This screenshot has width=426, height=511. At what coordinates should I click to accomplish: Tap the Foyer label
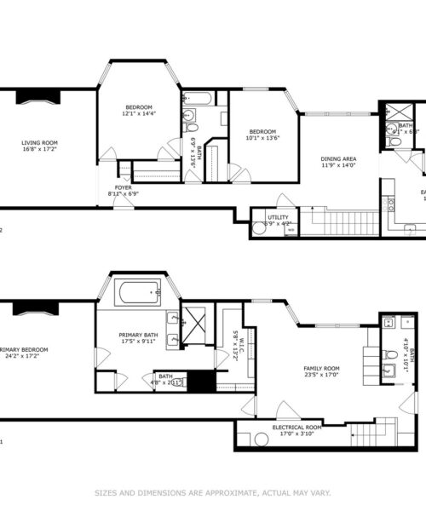[x=124, y=188]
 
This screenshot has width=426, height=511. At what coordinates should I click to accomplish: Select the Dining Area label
[x=338, y=158]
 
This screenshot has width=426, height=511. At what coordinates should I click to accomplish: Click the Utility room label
[x=278, y=218]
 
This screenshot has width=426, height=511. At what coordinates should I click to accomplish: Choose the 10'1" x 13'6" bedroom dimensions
[x=263, y=137]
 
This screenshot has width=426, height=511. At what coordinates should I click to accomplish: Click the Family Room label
[x=321, y=368]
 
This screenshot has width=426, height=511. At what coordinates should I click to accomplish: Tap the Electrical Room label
[x=296, y=427]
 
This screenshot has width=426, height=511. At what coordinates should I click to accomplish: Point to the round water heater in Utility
[x=259, y=228]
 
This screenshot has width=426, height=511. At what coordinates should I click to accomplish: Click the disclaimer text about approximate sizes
[x=212, y=491]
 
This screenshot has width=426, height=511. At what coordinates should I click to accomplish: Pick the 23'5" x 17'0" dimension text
[x=321, y=376]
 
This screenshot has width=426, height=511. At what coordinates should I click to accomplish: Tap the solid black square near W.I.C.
[x=202, y=382]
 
